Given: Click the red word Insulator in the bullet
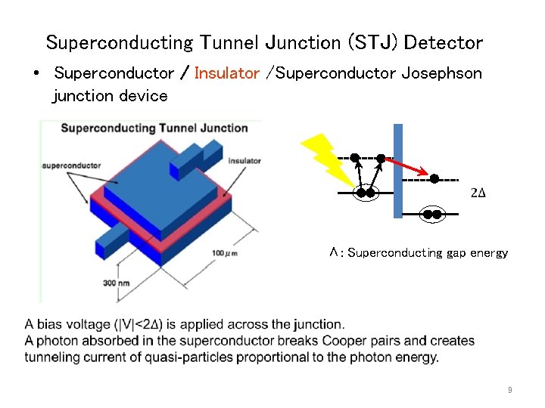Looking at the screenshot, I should click(226, 73).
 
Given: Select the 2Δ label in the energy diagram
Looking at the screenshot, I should click(478, 193).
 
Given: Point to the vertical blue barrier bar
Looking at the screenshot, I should click(398, 171).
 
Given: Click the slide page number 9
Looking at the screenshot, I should click(510, 391).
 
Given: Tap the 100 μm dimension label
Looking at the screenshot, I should click(224, 252).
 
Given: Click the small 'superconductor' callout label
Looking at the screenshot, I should click(73, 165).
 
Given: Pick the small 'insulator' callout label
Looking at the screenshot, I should click(244, 160).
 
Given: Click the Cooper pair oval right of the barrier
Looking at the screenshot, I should click(432, 215).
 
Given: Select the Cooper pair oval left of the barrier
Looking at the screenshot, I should click(366, 193).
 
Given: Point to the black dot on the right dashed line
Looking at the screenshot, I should click(434, 179).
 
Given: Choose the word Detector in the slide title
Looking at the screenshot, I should click(443, 42).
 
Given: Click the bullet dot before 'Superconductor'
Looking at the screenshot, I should click(36, 74).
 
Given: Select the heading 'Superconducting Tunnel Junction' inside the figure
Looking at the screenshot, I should click(154, 128).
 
